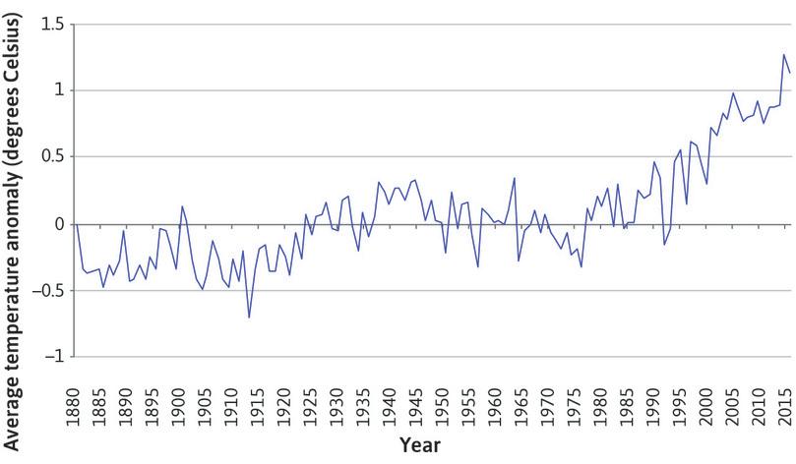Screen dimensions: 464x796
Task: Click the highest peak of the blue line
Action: [x=784, y=54]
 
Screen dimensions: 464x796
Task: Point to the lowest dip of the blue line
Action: [x=249, y=318]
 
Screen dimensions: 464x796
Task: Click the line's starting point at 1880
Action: [x=75, y=224]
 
